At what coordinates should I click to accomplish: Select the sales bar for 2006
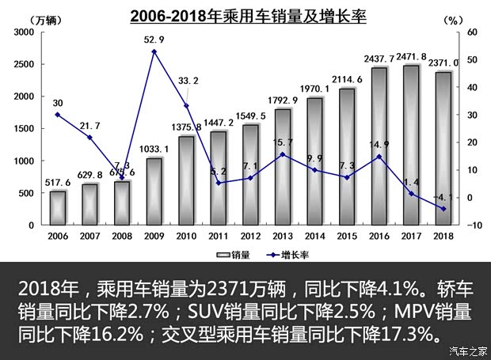click(x=58, y=208)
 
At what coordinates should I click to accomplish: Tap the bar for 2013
click(x=282, y=167)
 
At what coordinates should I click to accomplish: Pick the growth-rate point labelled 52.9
click(x=154, y=51)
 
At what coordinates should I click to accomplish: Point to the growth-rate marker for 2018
click(x=443, y=209)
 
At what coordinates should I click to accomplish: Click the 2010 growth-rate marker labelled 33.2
click(x=186, y=106)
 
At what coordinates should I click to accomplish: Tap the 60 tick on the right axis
click(x=474, y=32)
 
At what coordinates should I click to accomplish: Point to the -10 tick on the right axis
click(x=474, y=225)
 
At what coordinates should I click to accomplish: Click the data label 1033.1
click(x=154, y=149)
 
